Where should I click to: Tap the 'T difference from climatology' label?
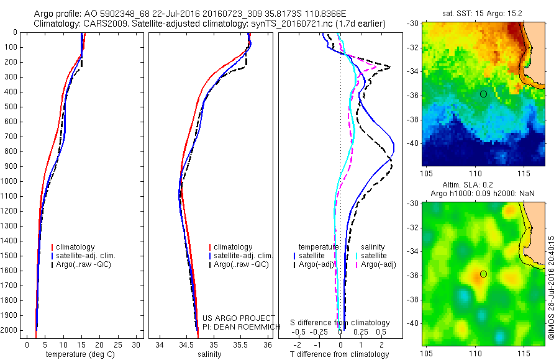[x=339, y=354]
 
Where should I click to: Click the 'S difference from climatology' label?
[x=340, y=323]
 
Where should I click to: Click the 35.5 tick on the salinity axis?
[x=240, y=344]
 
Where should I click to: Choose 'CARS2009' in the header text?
[x=100, y=24]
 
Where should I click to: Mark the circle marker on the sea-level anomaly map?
[x=483, y=274]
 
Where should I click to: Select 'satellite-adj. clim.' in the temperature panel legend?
[x=90, y=256]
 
